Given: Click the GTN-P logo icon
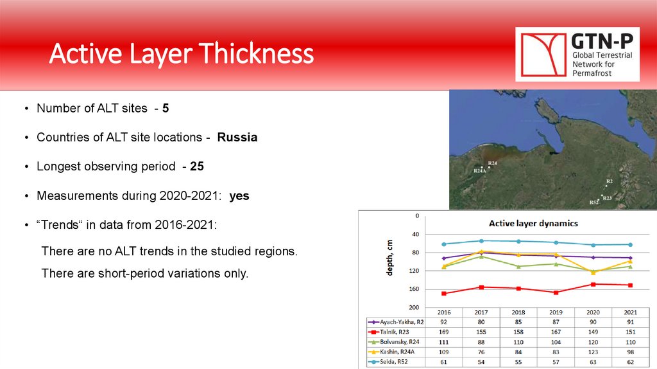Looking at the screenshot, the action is point(543,55).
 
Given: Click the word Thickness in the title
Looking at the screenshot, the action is point(256,53).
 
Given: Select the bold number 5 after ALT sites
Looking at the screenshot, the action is point(166,108).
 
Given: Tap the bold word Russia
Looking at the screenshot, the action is point(237,138).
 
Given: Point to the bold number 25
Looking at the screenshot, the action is point(197,166).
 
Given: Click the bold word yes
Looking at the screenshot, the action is point(239,196).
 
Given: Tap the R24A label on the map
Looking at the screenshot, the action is point(480,171).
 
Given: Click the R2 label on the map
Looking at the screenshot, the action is point(610,181).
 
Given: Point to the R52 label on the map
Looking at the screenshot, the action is point(593,203).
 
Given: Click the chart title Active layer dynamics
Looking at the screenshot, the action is point(533,223).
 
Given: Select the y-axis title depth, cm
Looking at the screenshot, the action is point(389,258).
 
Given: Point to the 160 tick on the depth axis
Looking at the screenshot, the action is point(414,289).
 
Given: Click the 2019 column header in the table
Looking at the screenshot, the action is point(556,312).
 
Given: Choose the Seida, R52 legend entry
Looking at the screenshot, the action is point(388,361).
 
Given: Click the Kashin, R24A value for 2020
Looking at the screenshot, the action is point(593,352).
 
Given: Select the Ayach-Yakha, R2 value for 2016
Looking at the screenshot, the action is point(444,322).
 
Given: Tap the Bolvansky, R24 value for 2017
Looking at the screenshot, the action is point(481,342).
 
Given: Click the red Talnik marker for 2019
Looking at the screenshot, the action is point(556,292).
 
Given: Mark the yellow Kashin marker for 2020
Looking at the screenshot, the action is point(593,273).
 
